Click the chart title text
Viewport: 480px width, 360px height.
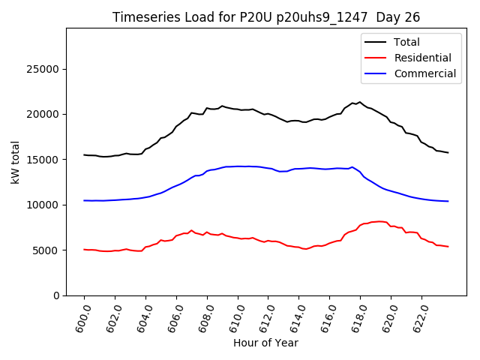tap(266, 17)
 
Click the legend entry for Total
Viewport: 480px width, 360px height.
tap(406, 42)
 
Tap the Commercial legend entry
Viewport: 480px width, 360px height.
tap(424, 73)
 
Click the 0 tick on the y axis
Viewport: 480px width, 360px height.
tap(56, 295)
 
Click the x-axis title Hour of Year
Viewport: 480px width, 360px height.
tap(265, 343)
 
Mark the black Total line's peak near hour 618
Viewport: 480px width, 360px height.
tap(360, 102)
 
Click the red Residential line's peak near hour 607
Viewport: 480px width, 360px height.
tap(191, 230)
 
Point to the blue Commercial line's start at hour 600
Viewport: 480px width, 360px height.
tap(84, 200)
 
